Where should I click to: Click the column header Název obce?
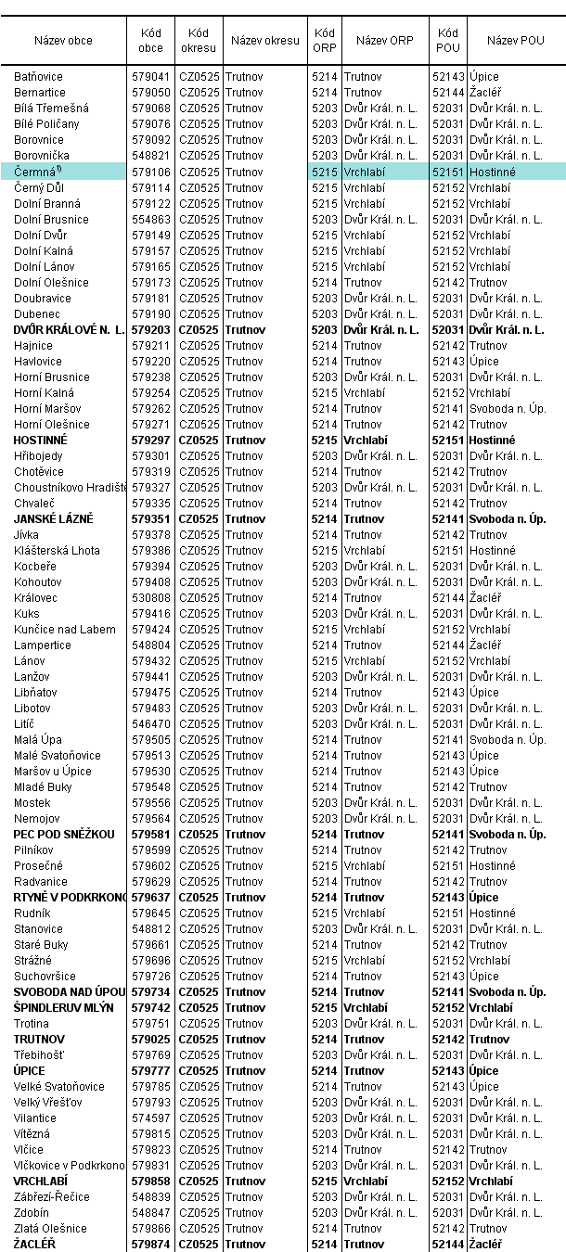coord(63,41)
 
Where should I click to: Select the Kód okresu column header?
coord(198,41)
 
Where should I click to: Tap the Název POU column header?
coord(516,41)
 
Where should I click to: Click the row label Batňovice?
coord(39,77)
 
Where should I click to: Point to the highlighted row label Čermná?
coord(35,172)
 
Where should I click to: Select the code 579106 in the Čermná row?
coord(150,172)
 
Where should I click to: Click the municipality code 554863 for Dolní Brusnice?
coord(150,219)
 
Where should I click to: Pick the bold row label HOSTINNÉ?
coord(45,440)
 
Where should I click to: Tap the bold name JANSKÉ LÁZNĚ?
coord(54,518)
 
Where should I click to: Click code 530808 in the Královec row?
coord(150,597)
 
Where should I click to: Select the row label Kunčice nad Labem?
coord(65,629)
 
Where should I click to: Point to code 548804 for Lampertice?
coord(150,645)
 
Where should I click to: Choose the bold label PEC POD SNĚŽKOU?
coord(64,834)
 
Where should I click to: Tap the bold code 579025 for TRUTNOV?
coord(150,1039)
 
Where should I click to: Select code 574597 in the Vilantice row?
coord(150,1118)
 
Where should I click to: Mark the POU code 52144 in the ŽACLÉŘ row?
coord(448,1244)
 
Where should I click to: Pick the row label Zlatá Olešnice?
coord(50,1228)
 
